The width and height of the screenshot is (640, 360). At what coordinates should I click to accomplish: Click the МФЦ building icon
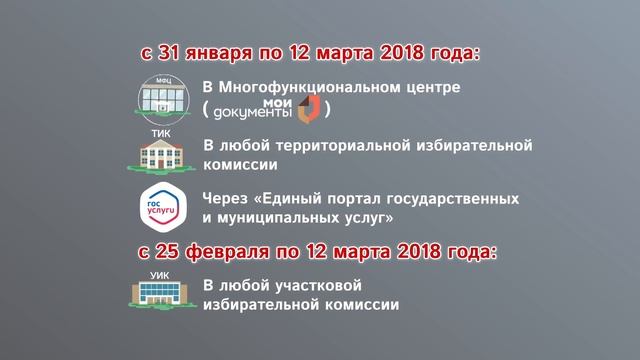click(162, 96)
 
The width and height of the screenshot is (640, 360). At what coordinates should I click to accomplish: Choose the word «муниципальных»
click(272, 215)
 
